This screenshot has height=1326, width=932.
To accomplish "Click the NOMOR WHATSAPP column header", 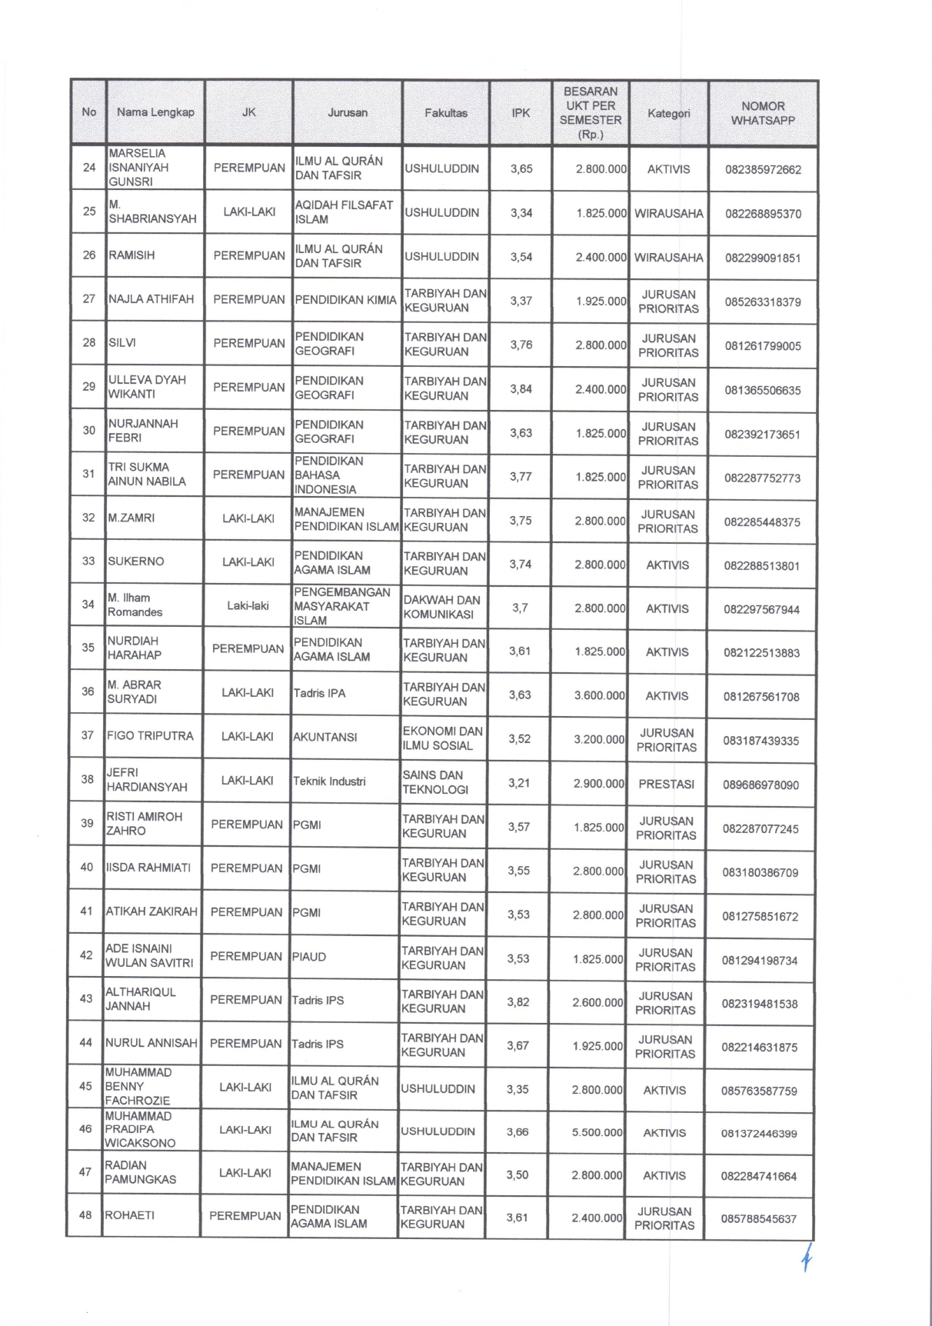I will tap(763, 113).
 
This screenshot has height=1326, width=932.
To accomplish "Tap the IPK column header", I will tap(521, 113).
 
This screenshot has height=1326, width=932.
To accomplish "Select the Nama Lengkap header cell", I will tap(155, 112).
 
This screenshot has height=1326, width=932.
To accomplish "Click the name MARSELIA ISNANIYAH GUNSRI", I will tap(138, 168).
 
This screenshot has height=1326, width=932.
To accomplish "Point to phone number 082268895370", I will tap(763, 214).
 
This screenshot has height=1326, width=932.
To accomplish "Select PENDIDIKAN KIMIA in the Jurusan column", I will tap(345, 300).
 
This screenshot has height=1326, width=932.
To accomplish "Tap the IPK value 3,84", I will tap(521, 389).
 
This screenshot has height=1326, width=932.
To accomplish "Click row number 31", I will tap(88, 474).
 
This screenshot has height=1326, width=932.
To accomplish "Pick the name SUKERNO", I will tap(136, 561).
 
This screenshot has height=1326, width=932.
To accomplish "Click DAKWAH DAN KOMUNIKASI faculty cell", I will tap(442, 607).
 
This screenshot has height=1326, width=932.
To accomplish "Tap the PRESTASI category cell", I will tap(666, 784).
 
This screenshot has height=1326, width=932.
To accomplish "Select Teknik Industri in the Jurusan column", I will tap(329, 781).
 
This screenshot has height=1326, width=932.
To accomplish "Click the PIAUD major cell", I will tap(309, 957).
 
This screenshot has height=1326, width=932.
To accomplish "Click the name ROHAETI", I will tap(129, 1215).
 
